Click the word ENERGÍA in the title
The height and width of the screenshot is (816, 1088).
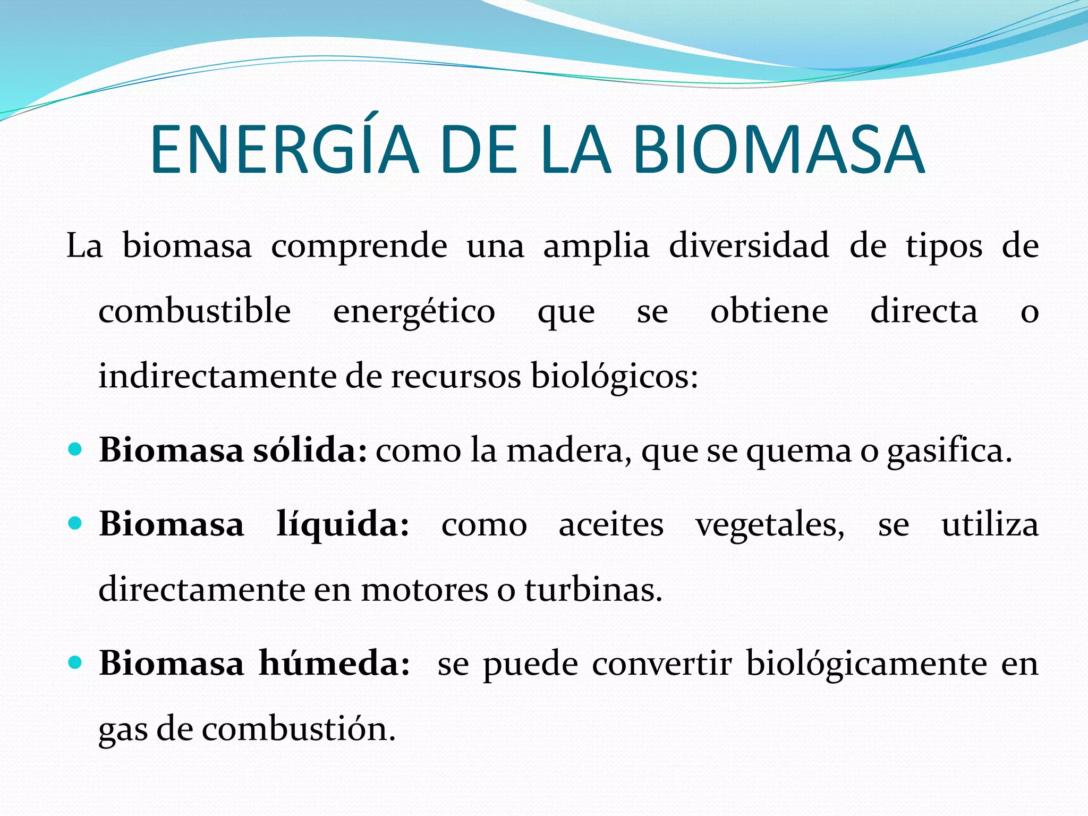[x=285, y=150]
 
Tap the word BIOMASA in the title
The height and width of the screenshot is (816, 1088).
[x=779, y=150]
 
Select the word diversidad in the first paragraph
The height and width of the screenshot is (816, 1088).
[x=749, y=246]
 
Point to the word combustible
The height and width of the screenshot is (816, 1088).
[x=194, y=311]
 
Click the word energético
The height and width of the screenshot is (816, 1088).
[x=414, y=312]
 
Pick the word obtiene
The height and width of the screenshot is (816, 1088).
[x=769, y=311]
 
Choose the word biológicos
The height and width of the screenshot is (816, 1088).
[x=614, y=377]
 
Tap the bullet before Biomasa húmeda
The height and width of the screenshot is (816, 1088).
[x=75, y=663]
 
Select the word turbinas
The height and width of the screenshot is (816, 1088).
[x=594, y=590]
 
